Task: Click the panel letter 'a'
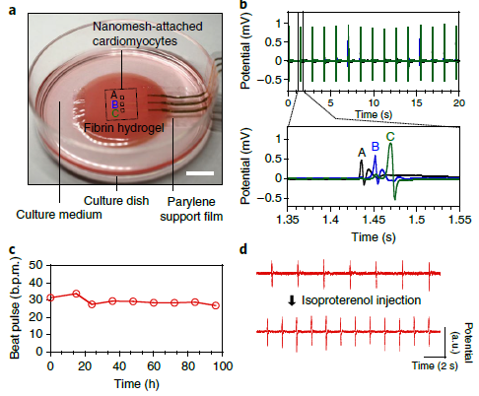[13, 11]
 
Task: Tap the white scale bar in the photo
[200, 173]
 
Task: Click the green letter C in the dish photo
[115, 114]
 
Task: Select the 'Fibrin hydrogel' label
[124, 128]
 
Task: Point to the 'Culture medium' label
[59, 215]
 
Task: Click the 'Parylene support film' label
[191, 209]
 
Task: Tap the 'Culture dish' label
[116, 201]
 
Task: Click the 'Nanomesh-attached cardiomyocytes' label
[147, 33]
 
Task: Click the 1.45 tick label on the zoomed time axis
[374, 220]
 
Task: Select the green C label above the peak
[390, 137]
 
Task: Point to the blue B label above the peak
[376, 147]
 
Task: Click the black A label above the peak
[362, 153]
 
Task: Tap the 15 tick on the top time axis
[417, 103]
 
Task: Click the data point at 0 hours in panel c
[50, 297]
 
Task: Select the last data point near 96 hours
[216, 305]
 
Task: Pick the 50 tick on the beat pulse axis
[36, 265]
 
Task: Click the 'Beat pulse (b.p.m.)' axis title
[15, 307]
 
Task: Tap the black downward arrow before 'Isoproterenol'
[292, 300]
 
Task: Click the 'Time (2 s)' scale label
[435, 365]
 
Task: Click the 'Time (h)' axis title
[136, 384]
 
